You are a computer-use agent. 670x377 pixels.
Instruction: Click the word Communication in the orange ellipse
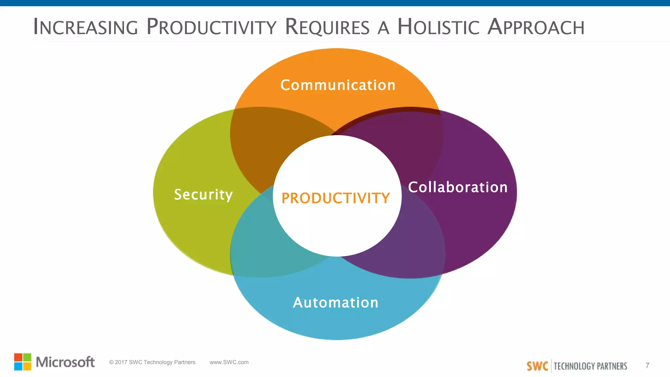[x=338, y=85]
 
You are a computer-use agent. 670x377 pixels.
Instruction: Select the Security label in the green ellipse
[x=203, y=194]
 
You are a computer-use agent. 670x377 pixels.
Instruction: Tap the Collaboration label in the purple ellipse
[x=458, y=187]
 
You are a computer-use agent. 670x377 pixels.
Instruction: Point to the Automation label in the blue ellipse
[x=336, y=302]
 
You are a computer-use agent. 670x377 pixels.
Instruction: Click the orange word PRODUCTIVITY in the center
[x=336, y=198]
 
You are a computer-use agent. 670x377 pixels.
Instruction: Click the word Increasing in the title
[x=86, y=27]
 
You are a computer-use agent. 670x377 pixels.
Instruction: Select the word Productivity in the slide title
[x=211, y=27]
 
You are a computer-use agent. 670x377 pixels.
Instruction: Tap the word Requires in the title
[x=327, y=27]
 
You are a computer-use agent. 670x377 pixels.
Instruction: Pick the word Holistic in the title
[x=438, y=27]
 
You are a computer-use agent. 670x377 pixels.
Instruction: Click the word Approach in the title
[x=536, y=27]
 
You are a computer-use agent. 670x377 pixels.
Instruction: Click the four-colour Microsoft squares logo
[x=23, y=362]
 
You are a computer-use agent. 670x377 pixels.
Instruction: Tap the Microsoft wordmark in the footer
[x=65, y=362]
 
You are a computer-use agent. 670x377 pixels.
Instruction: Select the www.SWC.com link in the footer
[x=229, y=362]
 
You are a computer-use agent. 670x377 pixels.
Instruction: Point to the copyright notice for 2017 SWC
[x=152, y=362]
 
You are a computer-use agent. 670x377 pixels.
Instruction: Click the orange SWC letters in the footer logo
[x=537, y=366]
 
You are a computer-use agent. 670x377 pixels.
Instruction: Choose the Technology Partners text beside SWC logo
[x=590, y=366]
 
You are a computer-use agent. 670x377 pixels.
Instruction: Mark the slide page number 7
[x=647, y=365]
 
